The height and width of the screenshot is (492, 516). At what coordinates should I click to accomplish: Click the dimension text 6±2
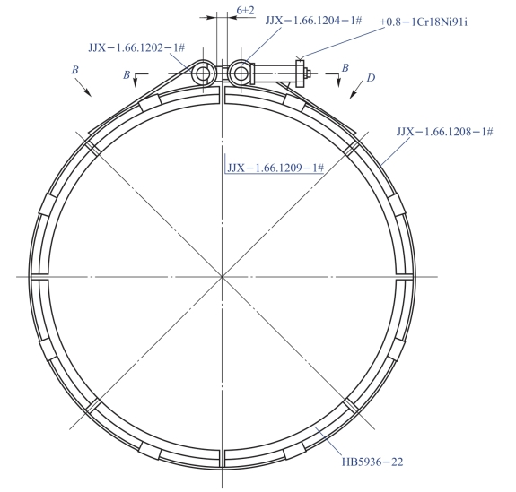coord(246,10)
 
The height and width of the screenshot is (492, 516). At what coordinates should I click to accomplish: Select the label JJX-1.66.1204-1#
coord(313,21)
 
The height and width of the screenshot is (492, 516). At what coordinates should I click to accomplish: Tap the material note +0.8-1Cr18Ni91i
coord(424,22)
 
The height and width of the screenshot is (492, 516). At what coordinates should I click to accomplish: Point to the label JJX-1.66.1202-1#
coord(136,48)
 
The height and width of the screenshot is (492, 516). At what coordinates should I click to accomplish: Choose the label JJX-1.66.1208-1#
coord(444,132)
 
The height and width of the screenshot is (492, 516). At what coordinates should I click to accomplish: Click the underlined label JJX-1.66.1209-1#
coord(275,168)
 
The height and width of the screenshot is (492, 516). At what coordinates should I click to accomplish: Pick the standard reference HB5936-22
coord(372,462)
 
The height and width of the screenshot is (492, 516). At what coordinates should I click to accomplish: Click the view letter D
coord(371,78)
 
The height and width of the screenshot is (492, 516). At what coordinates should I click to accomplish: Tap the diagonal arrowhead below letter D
coord(352,94)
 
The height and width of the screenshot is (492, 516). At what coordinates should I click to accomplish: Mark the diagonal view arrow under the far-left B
coord(83,88)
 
